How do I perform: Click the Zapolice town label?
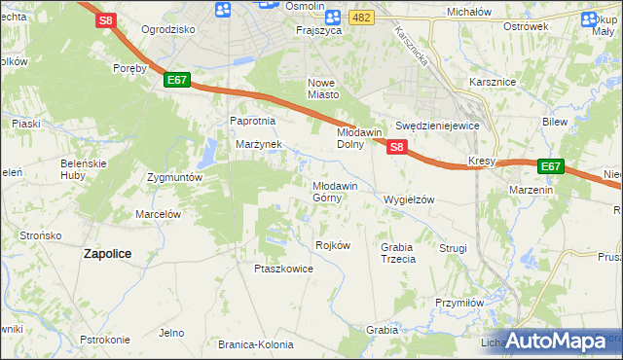click(107, 252)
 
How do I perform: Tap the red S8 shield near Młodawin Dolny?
click(396, 146)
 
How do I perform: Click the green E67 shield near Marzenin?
click(551, 166)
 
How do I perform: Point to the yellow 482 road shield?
click(362, 18)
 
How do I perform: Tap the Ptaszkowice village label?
click(283, 269)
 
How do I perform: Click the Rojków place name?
click(333, 245)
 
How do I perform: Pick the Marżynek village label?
click(258, 144)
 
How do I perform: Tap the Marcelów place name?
click(160, 214)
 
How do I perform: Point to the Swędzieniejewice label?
click(438, 126)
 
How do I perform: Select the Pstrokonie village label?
click(105, 340)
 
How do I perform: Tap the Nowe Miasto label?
click(322, 89)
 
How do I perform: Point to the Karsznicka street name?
click(413, 47)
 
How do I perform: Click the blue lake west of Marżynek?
click(208, 152)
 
